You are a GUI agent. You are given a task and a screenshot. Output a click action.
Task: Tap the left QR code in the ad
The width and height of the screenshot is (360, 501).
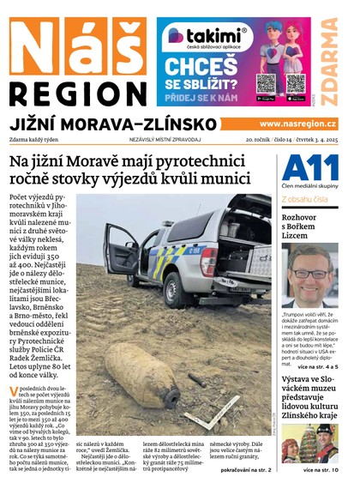267,82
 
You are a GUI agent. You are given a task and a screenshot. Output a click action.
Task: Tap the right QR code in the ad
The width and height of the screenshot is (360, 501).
296,82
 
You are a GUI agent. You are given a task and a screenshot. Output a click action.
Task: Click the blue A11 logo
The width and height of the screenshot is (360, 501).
304,167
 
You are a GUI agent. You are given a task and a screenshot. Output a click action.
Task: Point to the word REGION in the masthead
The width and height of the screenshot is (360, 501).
78,93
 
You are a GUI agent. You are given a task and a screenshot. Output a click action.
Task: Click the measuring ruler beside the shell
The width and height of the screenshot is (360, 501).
211,421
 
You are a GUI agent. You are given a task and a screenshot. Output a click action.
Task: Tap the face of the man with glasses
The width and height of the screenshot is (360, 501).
312,274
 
